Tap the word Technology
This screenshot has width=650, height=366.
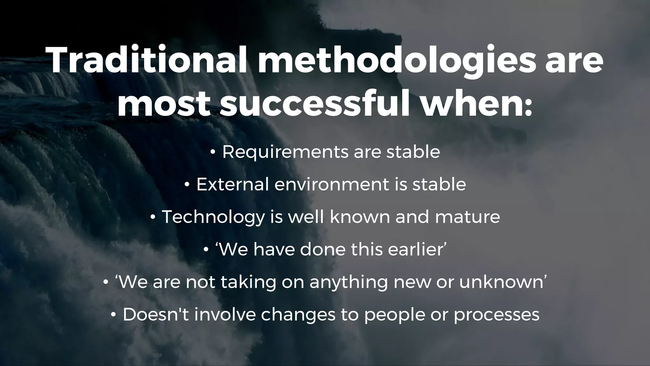[213, 217]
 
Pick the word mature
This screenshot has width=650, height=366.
[467, 217]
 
